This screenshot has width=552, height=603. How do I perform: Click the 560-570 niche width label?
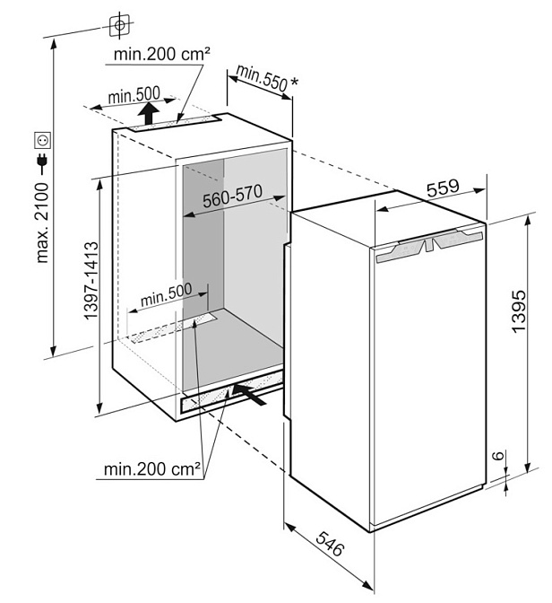(x=232, y=202)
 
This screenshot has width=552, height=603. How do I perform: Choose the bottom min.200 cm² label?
(x=150, y=468)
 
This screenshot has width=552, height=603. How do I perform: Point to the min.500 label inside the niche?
(x=167, y=291)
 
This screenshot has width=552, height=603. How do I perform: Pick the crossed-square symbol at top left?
(x=117, y=26)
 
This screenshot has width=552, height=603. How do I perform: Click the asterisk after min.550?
(x=295, y=82)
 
